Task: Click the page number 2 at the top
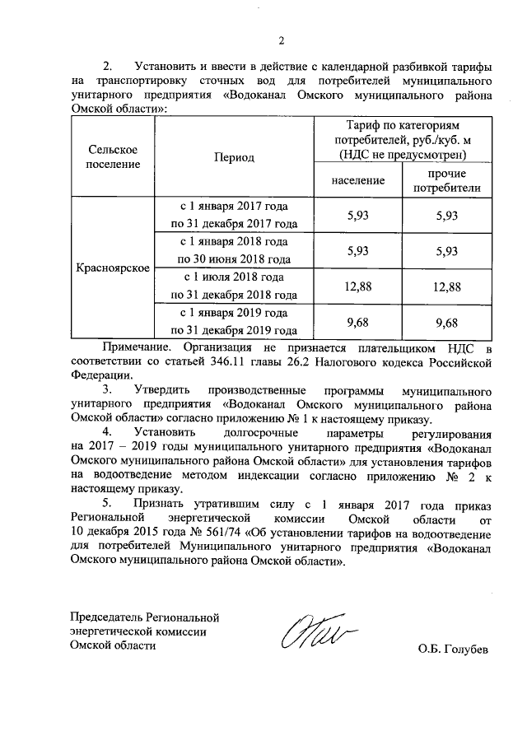pyautogui.click(x=281, y=41)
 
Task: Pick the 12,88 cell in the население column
pyautogui.click(x=358, y=286)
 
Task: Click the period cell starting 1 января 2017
pyautogui.click(x=234, y=214)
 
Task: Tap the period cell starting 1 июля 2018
pyautogui.click(x=234, y=286)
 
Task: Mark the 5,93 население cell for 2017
pyautogui.click(x=358, y=215)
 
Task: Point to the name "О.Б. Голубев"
pyautogui.click(x=452, y=650)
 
